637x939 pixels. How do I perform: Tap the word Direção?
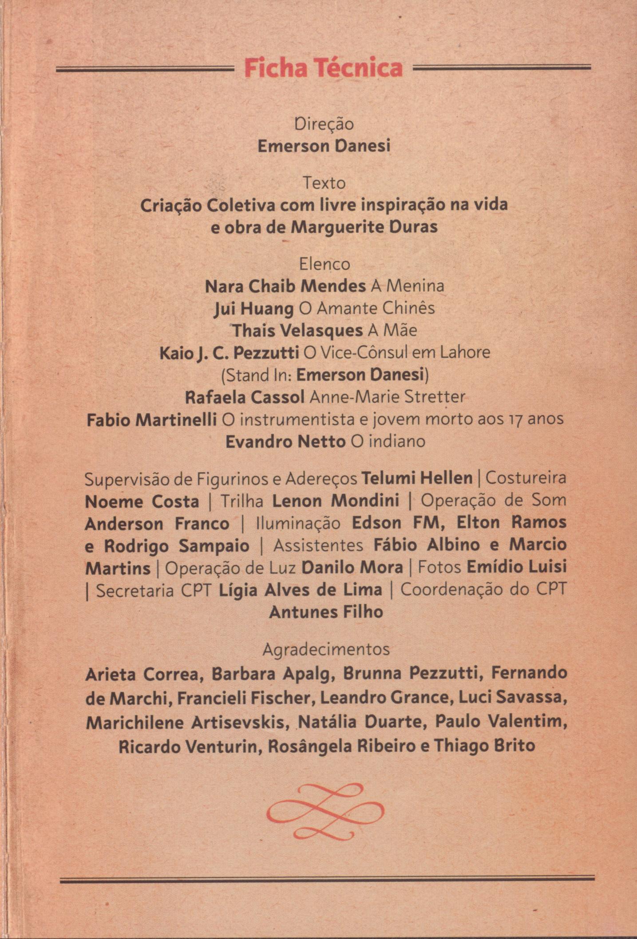[x=324, y=124]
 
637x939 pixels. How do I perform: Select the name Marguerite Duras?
[x=364, y=227]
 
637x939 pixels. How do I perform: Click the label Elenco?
[x=324, y=264]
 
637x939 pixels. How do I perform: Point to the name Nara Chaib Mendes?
[x=285, y=287]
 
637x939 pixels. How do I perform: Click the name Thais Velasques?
[x=297, y=331]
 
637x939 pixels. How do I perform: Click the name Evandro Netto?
[x=285, y=442]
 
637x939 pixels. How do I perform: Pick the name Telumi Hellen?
[x=417, y=479]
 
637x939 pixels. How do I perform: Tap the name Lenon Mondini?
[x=336, y=501]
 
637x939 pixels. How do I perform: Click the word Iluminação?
[x=299, y=524]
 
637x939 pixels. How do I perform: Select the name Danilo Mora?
[x=352, y=568]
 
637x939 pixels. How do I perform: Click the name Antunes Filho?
[x=326, y=612]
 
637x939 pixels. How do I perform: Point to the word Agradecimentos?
[x=326, y=650]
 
